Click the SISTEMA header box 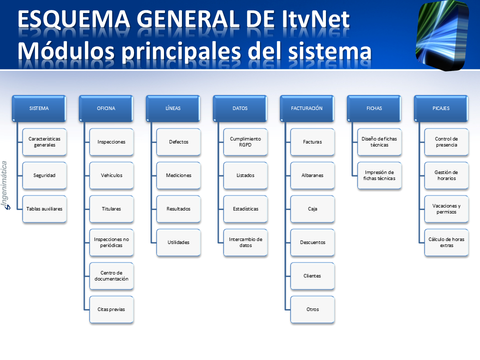[39, 108]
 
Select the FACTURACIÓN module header [306, 108]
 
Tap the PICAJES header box [441, 108]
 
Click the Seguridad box [44, 175]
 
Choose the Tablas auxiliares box [44, 209]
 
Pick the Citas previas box [111, 309]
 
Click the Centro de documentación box [111, 276]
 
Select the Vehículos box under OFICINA [111, 175]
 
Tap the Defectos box [178, 142]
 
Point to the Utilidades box [178, 242]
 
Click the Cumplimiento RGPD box [245, 142]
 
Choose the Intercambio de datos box [245, 242]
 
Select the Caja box [312, 209]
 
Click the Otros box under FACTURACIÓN [312, 309]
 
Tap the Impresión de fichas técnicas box [379, 175]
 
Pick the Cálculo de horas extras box [446, 242]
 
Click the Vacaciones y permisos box [446, 209]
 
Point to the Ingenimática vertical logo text [5, 185]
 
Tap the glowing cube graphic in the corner [442, 35]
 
